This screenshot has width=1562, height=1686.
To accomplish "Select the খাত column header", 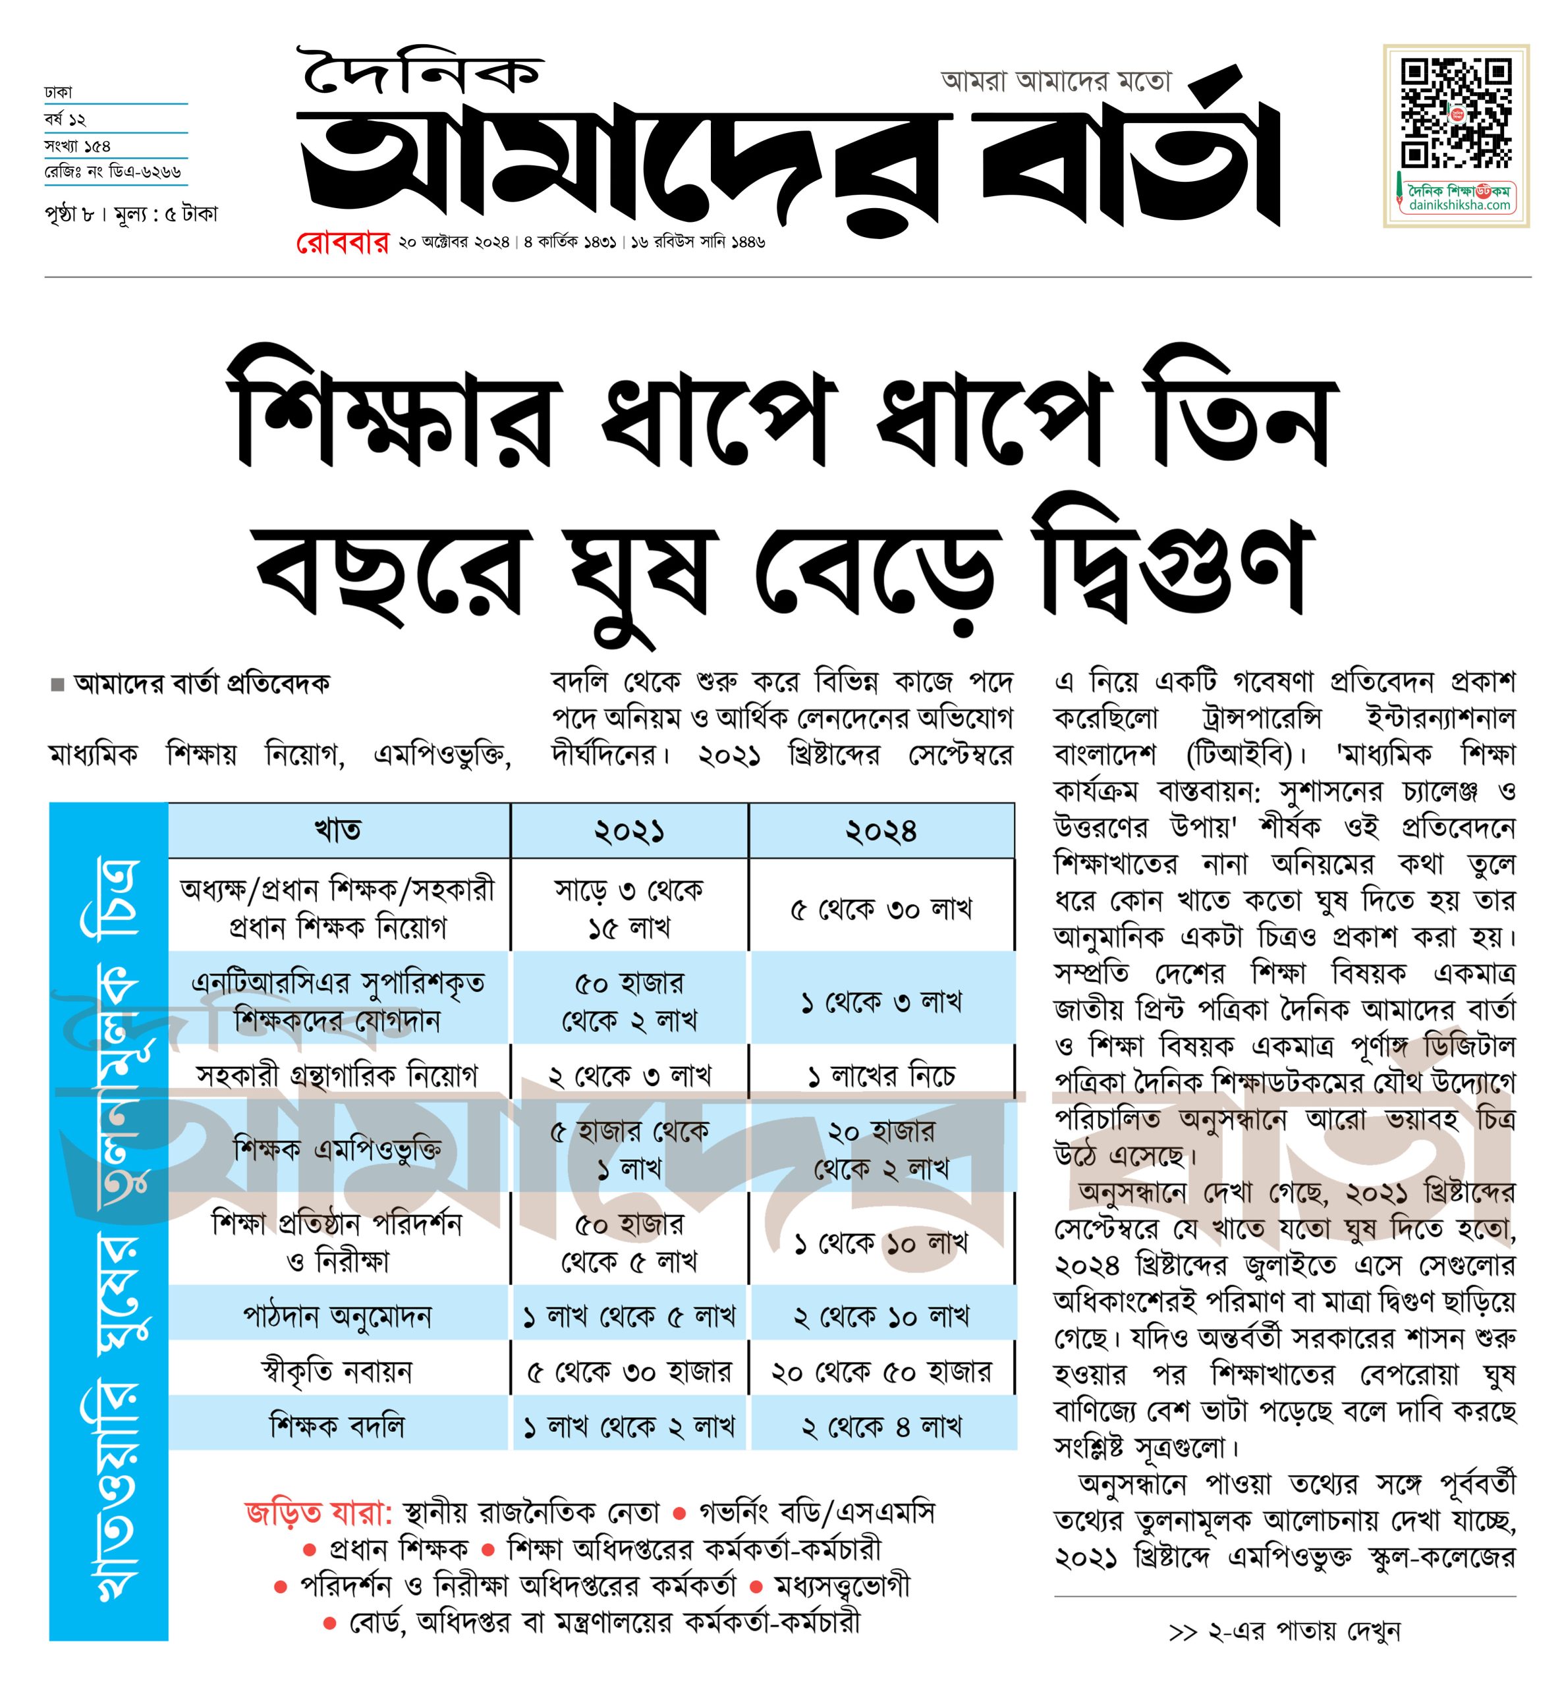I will coord(338,830).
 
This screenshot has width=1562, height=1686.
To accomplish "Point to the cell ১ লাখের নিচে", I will coord(881,1076).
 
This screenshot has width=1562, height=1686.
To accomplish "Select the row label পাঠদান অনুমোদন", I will coord(337,1316).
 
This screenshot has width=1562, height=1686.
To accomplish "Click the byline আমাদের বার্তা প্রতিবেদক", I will coord(201,683).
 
